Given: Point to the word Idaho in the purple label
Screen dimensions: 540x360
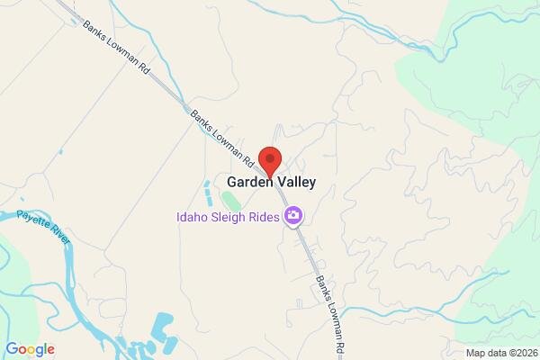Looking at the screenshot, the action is pos(195,216).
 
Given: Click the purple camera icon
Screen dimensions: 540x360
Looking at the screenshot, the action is pos(292,216).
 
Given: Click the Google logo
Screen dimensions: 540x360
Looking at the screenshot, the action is pos(30,349).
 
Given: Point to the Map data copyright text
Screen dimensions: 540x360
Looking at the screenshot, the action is pos(500,352).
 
